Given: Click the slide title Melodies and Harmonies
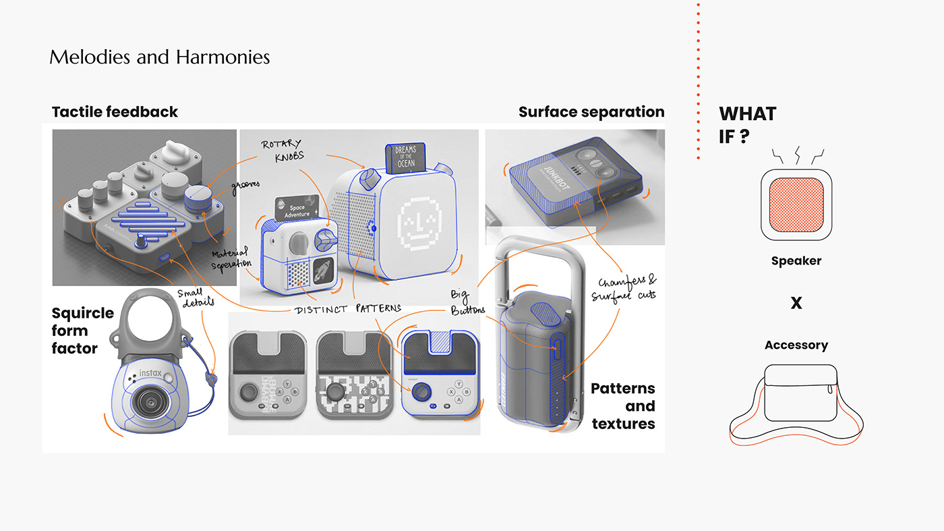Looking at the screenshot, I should (159, 57).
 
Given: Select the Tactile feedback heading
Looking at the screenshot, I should (115, 112).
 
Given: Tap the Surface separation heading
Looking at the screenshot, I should (591, 112).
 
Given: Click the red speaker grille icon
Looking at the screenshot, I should (796, 205).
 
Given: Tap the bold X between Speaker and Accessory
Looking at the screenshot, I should (796, 304).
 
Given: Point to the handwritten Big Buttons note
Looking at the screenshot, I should (468, 302).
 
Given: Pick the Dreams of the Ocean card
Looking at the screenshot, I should (406, 159).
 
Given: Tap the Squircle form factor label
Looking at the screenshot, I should (82, 331).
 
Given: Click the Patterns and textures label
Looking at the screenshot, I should (622, 406).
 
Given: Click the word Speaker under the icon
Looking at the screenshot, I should (796, 261).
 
